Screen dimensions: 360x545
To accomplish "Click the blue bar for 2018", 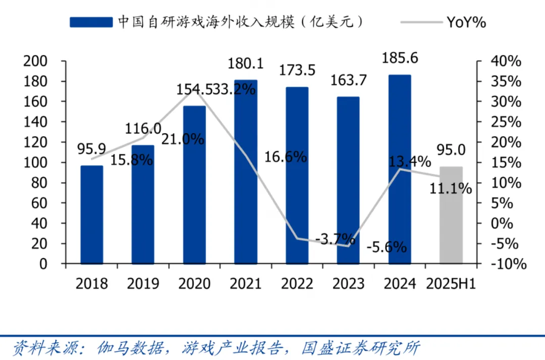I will coord(92,214).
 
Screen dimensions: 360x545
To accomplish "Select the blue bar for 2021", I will coord(246,171).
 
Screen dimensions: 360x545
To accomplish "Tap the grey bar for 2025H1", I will coord(451,215).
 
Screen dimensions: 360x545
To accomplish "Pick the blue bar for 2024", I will coord(400,169).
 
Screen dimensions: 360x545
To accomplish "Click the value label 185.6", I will coord(400,58).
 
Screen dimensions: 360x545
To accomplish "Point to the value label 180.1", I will coord(246,64).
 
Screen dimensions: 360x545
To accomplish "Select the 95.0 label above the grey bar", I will coord(451,150).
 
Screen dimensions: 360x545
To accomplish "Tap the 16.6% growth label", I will coord(286,157).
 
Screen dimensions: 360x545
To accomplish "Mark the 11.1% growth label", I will coord(451,189).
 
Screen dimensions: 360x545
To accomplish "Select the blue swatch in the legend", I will coord(91,22).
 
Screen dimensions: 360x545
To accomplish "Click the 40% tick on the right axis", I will coord(505,61).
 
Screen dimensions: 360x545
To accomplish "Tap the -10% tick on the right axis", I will coord(505,264).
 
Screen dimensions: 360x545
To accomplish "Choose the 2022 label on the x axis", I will coord(297,284).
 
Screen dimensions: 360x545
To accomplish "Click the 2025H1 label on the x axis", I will coord(451,284).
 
